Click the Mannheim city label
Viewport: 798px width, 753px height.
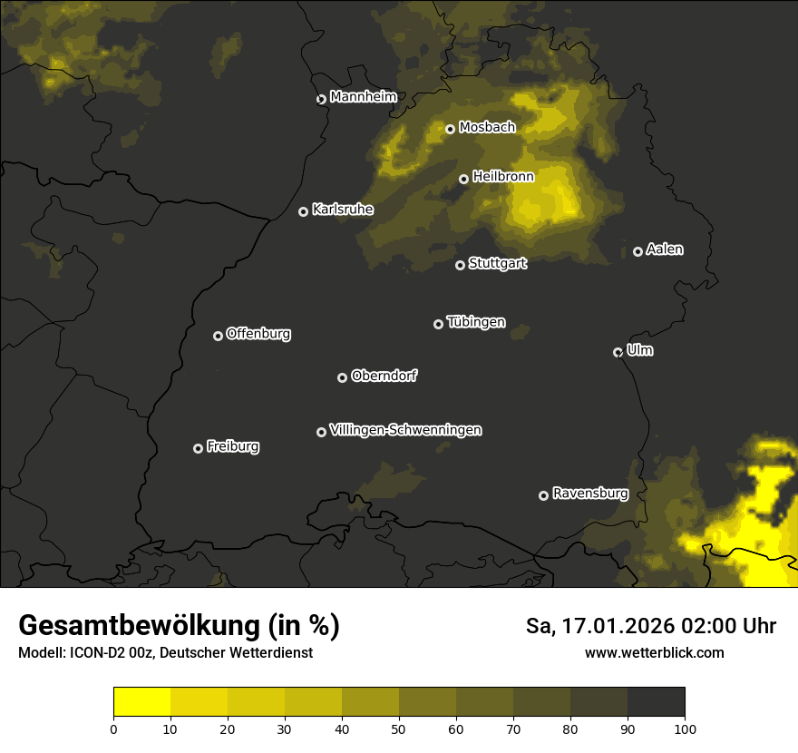[364, 97]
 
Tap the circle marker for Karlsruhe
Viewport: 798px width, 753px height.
[304, 211]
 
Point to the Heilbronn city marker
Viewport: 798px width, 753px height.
[463, 179]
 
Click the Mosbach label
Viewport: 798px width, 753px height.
[487, 128]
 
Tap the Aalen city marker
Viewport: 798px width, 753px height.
[637, 251]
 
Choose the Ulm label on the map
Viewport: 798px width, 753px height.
[640, 350]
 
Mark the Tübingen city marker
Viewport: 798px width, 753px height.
[438, 324]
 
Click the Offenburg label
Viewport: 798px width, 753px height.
[258, 334]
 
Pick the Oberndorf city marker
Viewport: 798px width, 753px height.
[342, 377]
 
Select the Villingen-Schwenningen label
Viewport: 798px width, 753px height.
[405, 430]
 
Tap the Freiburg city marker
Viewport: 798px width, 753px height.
[198, 448]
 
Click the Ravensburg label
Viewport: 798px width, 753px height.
[590, 494]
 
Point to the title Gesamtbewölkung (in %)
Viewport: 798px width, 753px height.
[179, 626]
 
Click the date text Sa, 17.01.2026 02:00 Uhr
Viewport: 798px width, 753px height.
[650, 626]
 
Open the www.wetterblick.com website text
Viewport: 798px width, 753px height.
[654, 652]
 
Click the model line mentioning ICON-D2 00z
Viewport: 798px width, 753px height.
[165, 653]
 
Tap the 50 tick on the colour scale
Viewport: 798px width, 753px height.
[399, 729]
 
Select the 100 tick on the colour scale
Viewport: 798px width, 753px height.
[685, 729]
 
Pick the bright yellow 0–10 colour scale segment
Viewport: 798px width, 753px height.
[142, 702]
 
